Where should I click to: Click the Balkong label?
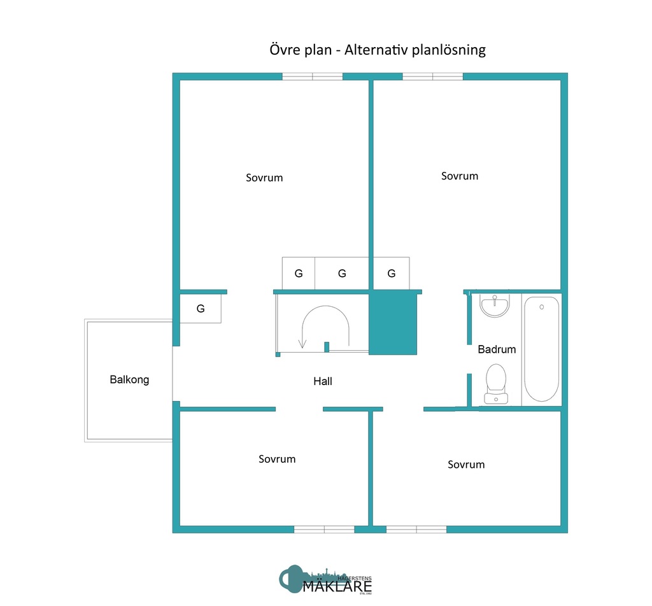[129, 380]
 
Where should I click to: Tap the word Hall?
[323, 382]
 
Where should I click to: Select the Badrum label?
[497, 349]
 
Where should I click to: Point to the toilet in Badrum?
[496, 384]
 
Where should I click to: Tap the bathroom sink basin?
[495, 306]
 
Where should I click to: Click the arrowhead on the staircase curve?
[302, 344]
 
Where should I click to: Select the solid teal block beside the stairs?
[392, 323]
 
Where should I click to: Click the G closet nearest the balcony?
[201, 309]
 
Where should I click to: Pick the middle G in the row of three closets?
[342, 274]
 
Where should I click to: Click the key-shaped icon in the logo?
[292, 578]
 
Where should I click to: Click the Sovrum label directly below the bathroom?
[466, 465]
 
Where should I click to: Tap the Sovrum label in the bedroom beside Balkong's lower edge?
[277, 459]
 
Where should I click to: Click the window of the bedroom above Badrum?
[433, 76]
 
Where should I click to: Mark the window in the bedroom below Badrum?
[416, 529]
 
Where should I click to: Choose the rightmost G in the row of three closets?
[391, 274]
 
